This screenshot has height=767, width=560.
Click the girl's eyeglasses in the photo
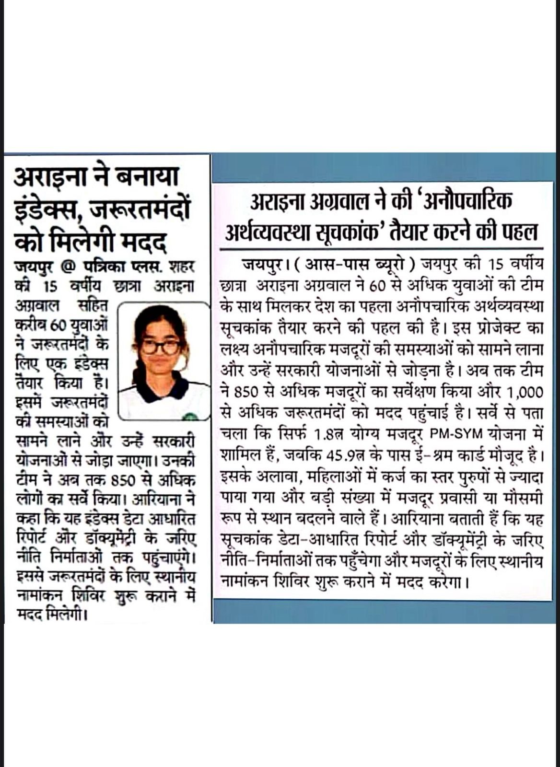[x=161, y=346]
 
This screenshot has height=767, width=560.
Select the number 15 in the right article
[x=495, y=265]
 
